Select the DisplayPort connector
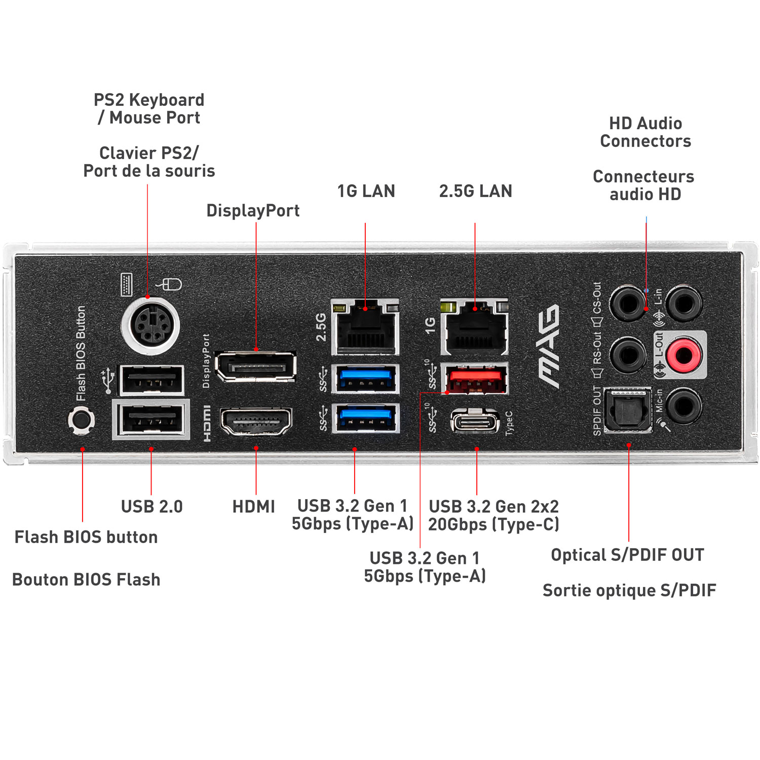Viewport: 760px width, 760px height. pos(256,365)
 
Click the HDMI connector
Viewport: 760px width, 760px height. pos(256,421)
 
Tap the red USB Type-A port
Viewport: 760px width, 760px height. pos(475,379)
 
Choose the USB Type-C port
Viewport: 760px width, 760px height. pos(475,421)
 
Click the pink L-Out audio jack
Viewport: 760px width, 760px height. pos(683,354)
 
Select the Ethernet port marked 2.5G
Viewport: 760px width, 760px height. pos(365,327)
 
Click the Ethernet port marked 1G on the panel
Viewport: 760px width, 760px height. pos(475,327)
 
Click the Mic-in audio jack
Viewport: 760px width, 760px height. pos(683,405)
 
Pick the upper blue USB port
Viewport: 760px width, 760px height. pos(365,379)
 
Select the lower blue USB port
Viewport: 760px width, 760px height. pos(365,417)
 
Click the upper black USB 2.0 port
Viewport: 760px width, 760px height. pos(151,379)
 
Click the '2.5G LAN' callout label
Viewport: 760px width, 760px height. pos(475,191)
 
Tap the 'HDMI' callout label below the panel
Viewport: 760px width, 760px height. pos(253,506)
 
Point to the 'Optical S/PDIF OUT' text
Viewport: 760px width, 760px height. pos(627,555)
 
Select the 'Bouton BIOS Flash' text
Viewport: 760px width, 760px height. pos(86,579)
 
